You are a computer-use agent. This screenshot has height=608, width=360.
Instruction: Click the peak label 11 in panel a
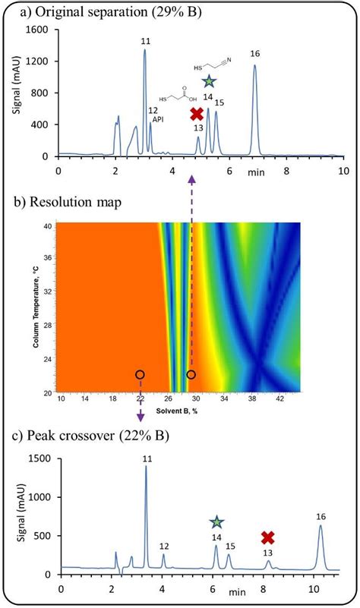click(x=145, y=39)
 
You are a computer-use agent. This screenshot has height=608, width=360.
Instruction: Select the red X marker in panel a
click(x=197, y=114)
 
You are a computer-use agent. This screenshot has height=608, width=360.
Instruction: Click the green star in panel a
click(x=209, y=81)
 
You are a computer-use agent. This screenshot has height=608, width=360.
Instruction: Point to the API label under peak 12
click(x=157, y=120)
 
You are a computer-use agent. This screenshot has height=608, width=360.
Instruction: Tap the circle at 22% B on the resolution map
click(x=140, y=375)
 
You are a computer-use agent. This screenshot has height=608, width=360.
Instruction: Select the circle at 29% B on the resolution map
click(x=191, y=375)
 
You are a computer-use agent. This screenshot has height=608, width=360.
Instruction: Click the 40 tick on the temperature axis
click(x=47, y=225)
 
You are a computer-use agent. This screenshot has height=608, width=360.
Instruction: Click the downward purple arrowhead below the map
click(x=140, y=417)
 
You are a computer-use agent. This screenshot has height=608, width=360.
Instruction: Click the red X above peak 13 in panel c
click(x=267, y=538)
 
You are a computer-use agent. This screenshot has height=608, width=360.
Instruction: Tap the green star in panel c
click(x=216, y=522)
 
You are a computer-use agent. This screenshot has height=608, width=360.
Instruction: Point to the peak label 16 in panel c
click(x=321, y=516)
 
